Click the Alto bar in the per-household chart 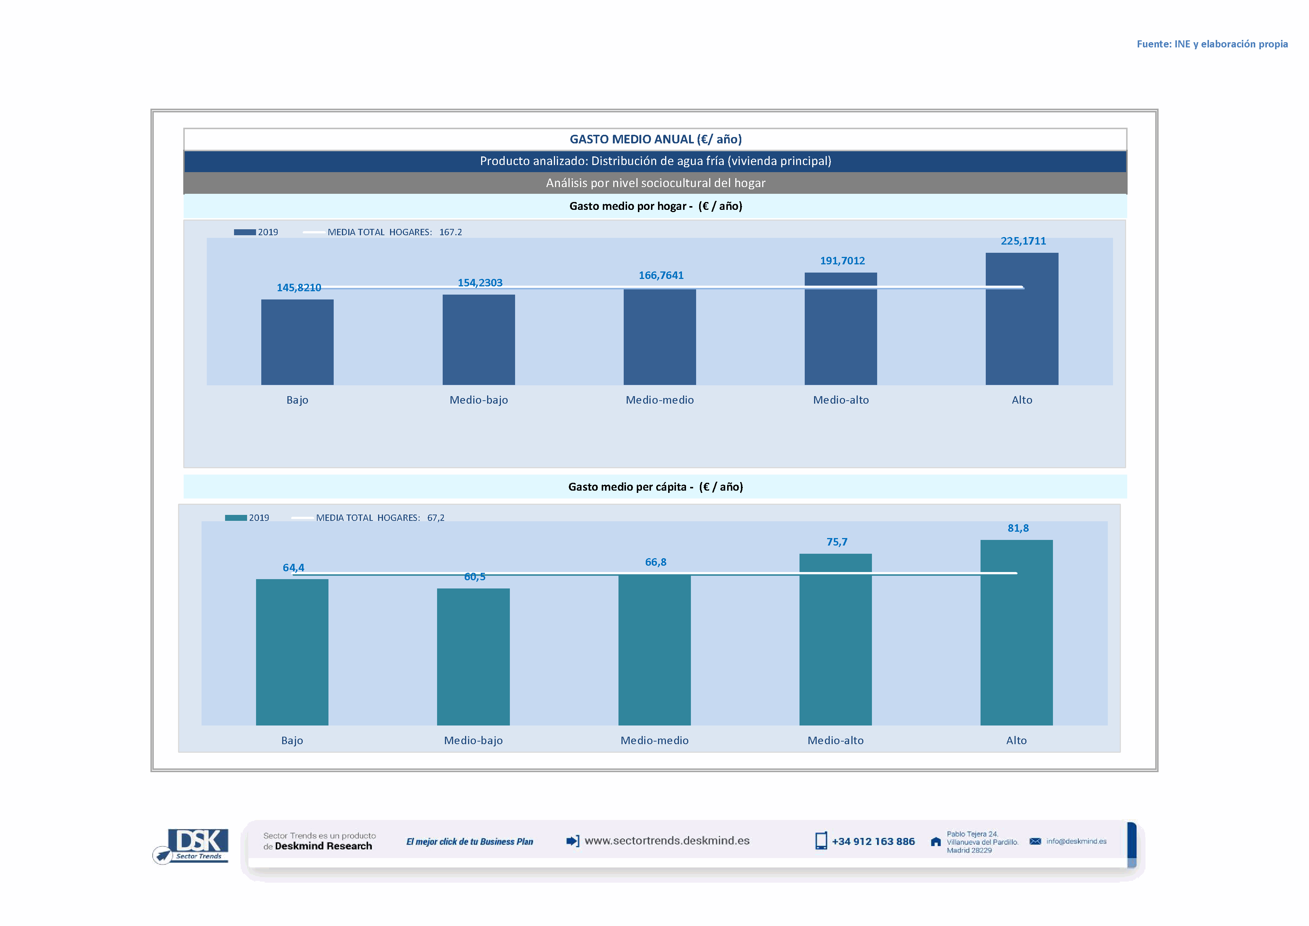pos(1022,319)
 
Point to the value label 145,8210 pos(299,288)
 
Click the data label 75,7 pos(836,542)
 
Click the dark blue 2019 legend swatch pos(244,232)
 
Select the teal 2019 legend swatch pos(236,518)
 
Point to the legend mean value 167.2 pos(451,232)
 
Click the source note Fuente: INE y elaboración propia pos(1212,44)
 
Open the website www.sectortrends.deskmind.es pos(667,840)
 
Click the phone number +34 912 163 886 pos(873,842)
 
